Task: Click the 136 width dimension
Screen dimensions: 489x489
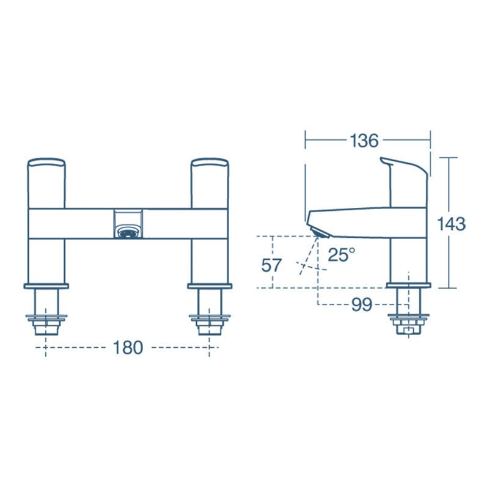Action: (364, 140)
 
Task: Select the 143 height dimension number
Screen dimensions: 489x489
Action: (452, 224)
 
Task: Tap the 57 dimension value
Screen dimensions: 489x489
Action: (271, 265)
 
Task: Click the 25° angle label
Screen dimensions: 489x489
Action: (341, 255)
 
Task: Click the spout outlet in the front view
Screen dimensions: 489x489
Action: (128, 232)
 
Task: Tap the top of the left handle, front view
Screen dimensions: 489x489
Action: (46, 161)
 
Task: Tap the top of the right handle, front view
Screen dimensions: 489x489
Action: (210, 161)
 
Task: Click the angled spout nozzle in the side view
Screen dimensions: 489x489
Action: (320, 232)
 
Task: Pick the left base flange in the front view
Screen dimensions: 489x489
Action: (46, 285)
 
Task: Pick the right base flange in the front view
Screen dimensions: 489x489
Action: (210, 285)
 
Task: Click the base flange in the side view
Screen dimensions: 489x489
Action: (409, 285)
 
